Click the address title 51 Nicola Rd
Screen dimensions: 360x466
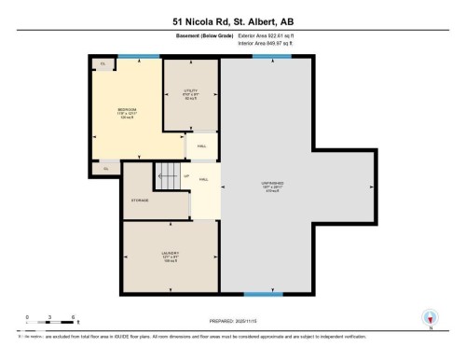click(232, 21)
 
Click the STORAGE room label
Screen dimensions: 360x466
click(139, 200)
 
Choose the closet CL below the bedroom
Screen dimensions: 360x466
click(106, 168)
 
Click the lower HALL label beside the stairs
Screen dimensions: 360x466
click(203, 179)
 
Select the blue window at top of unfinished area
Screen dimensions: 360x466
click(271, 56)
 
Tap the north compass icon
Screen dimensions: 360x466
click(430, 319)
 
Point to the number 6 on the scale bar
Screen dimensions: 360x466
click(73, 317)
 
